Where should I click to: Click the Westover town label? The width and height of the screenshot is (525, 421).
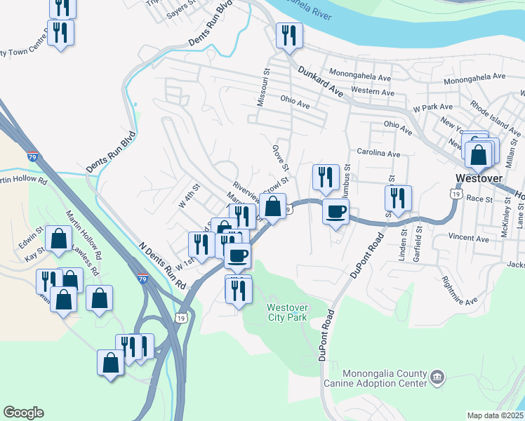[479, 178]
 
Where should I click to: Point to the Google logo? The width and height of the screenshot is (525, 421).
[23, 413]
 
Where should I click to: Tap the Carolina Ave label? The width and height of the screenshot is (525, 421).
[378, 153]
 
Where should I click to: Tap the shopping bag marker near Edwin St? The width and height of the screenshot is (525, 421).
[60, 239]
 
